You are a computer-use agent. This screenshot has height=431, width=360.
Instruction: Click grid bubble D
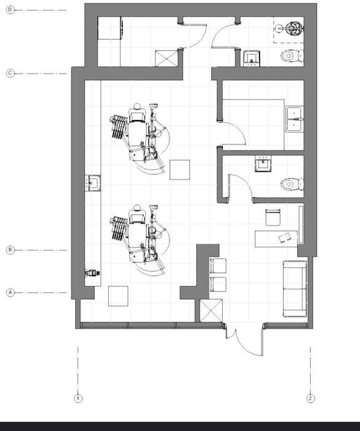tap(10, 10)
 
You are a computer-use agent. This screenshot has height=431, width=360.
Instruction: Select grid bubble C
tap(10, 73)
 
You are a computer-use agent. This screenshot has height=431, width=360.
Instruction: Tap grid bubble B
tap(10, 250)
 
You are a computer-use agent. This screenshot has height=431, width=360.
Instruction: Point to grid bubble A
tap(10, 292)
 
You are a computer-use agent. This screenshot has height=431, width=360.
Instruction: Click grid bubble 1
tap(78, 398)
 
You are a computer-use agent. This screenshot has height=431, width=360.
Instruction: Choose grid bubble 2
tap(311, 398)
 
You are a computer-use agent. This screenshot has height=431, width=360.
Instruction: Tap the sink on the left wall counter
tap(92, 183)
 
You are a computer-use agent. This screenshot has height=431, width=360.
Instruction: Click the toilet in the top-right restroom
tap(292, 56)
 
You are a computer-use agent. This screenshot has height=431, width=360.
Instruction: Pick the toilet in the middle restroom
tap(292, 184)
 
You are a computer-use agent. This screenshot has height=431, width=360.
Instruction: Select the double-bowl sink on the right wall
tap(295, 119)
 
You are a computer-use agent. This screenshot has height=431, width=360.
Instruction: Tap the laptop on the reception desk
tap(285, 238)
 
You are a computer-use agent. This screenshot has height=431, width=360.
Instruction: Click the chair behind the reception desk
tap(273, 217)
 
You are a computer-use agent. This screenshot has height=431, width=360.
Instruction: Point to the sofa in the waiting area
tap(295, 289)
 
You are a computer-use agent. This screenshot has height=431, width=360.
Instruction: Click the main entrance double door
tap(244, 340)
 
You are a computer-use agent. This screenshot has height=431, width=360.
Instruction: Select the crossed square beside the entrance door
tap(211, 310)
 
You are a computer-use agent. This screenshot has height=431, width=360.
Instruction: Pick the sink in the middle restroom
tap(263, 164)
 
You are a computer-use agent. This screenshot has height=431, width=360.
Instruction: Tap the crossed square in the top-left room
tap(167, 58)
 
